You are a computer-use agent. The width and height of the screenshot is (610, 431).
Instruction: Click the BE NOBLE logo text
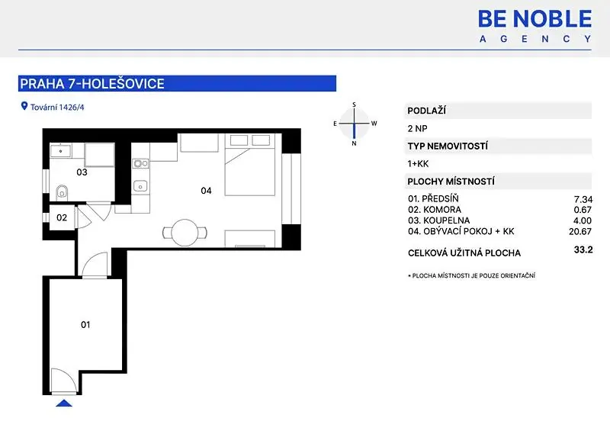point(535,18)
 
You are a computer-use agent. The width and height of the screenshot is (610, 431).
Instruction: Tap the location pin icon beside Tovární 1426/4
point(24,106)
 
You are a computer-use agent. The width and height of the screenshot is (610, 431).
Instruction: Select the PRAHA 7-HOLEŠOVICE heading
point(92,84)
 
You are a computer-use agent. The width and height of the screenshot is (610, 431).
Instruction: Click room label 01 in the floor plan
point(85,324)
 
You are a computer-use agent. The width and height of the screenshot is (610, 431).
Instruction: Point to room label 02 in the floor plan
point(62,217)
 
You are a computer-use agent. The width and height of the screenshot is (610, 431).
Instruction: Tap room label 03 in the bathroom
point(82,172)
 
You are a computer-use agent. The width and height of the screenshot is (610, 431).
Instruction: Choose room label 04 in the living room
point(206,191)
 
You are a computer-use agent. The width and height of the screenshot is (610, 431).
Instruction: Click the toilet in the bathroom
point(62,191)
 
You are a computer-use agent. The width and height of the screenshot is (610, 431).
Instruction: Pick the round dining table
point(185,233)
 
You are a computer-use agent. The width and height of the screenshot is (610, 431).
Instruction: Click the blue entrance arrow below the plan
point(64,403)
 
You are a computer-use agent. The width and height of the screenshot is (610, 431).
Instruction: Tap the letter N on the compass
point(354,143)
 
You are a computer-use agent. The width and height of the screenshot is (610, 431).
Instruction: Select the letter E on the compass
point(335,124)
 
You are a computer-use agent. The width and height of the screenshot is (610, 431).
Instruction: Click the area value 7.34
point(583,199)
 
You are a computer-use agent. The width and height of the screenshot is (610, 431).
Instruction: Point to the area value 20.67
point(580,231)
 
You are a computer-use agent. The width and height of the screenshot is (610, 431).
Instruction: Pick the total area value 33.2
point(583,249)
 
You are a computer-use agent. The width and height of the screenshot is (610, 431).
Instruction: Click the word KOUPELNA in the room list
point(447,220)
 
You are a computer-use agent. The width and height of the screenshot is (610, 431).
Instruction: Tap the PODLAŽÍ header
point(427,111)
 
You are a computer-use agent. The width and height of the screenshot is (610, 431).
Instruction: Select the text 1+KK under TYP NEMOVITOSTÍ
point(418,163)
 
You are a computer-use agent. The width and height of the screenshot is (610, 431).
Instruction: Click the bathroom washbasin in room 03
point(60,151)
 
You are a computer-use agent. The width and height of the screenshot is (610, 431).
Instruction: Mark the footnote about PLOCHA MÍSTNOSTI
point(471,275)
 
